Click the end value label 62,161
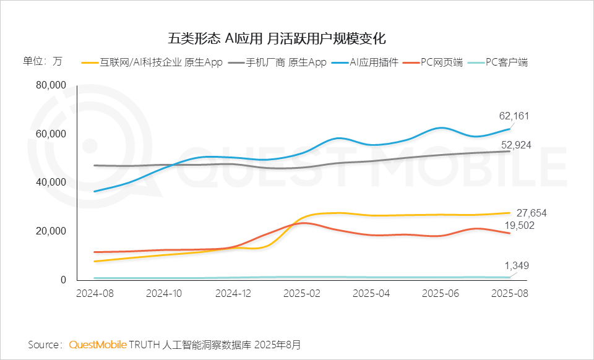tap(514, 116)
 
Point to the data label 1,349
tap(517, 266)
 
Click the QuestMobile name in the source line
tap(98, 344)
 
